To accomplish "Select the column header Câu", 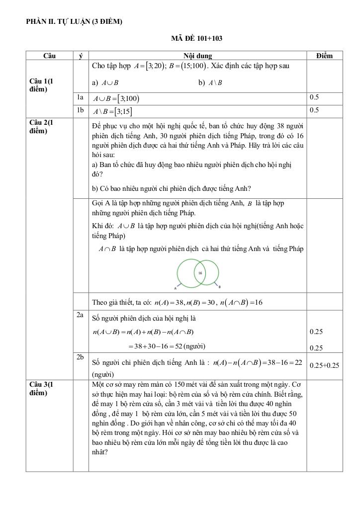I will (49, 56).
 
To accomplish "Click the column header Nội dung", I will (197, 56).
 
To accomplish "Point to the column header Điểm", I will (324, 56).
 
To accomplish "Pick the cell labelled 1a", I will (81, 98).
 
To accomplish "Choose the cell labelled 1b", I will (81, 110).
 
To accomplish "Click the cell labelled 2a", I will (81, 316).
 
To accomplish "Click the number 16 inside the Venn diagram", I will (200, 273).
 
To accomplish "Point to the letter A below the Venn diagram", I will (176, 287).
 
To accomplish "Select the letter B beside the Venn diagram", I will (220, 287).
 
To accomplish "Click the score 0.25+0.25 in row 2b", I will (324, 365).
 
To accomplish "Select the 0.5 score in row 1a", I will (314, 98).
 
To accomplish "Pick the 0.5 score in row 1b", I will (314, 110).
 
